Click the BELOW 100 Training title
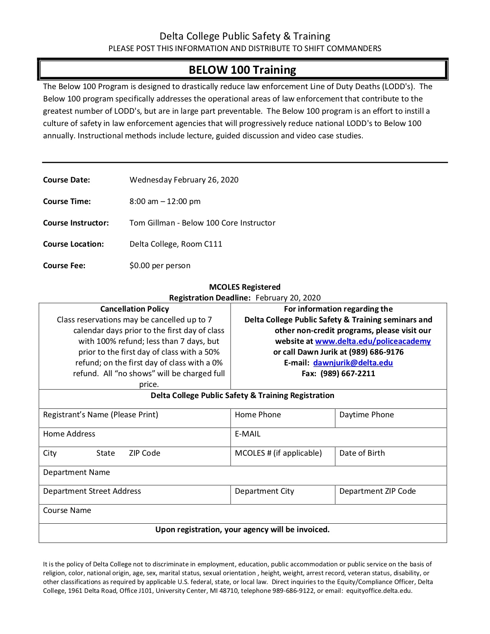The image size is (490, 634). pos(243,70)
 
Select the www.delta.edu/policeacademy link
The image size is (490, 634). pos(373,341)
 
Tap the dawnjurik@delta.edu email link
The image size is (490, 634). pos(353,363)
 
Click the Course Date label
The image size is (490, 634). pos(66,180)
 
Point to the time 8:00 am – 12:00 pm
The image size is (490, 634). pos(165,201)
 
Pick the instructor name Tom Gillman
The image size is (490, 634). pos(152,223)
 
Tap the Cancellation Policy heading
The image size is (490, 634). pos(135,309)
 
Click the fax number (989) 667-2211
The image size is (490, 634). pos(348,373)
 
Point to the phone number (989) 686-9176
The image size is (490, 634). pos(376,352)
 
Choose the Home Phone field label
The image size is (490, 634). pos(258,415)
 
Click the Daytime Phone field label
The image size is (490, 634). pos(367,415)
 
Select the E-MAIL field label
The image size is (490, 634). pos(247,434)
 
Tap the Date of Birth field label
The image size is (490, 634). pos(362,453)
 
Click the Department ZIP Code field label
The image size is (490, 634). pos(377,491)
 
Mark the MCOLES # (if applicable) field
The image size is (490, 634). pos(278,453)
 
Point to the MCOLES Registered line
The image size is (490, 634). pos(245,287)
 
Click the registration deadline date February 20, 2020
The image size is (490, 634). pos(288,298)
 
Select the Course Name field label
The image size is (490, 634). pos(67,510)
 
